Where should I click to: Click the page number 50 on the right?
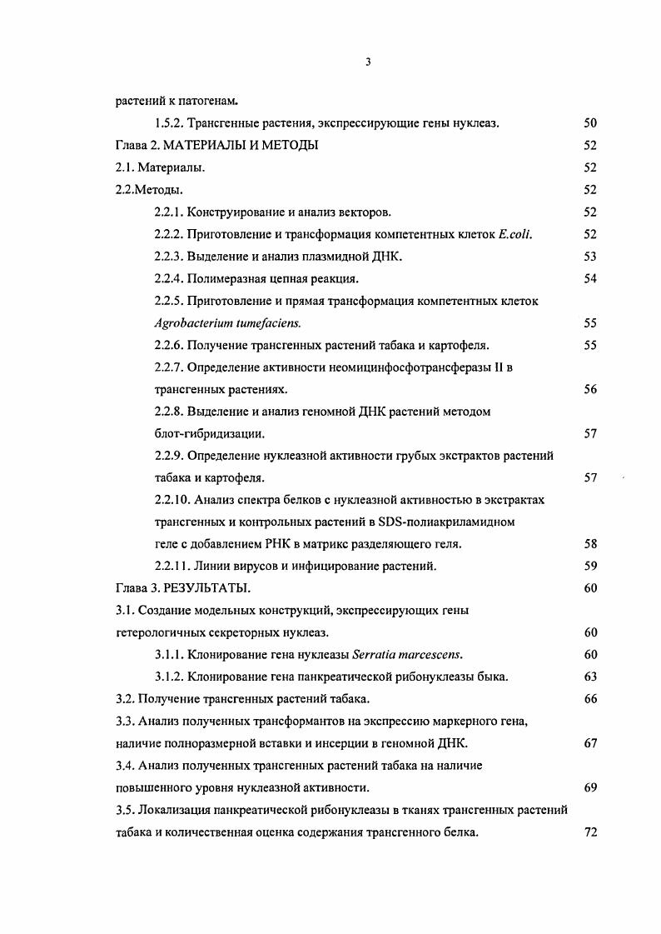click(589, 123)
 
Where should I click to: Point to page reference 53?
click(589, 257)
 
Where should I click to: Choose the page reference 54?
click(589, 278)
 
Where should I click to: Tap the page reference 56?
click(589, 389)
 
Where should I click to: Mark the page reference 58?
click(589, 544)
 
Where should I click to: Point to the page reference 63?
click(589, 677)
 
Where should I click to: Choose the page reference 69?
click(589, 787)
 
